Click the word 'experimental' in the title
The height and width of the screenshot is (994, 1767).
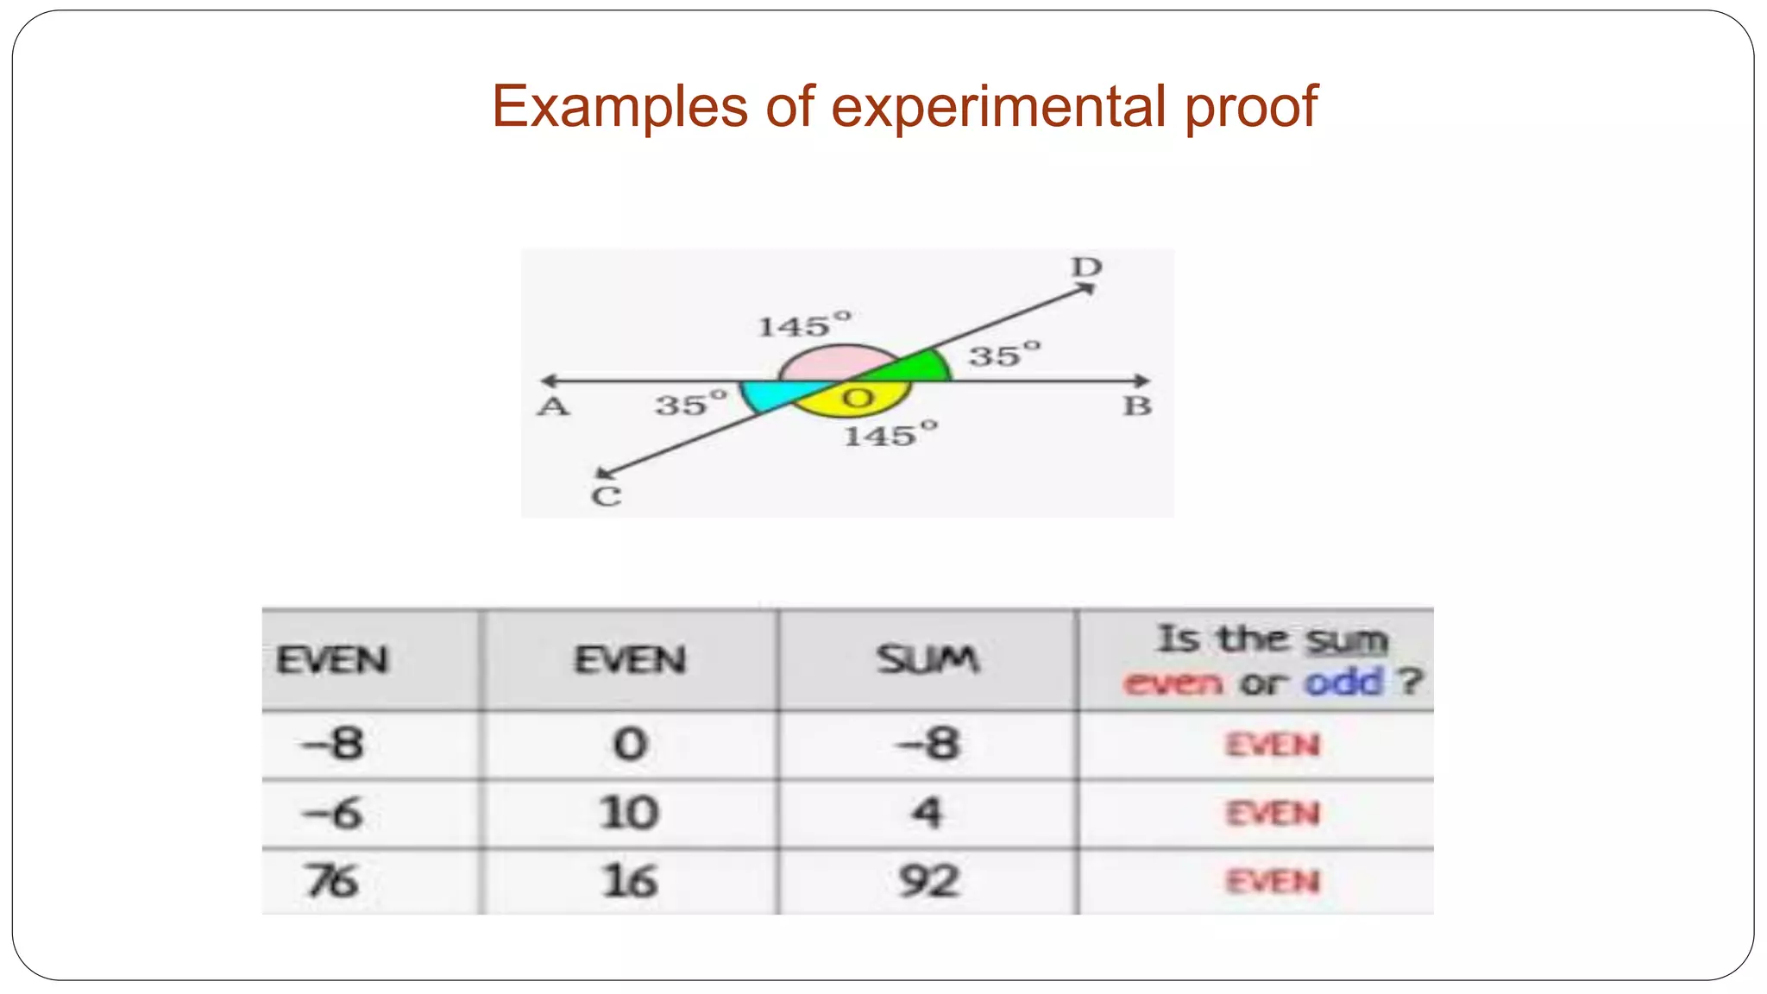click(x=999, y=107)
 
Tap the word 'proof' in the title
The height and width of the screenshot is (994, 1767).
click(x=1251, y=107)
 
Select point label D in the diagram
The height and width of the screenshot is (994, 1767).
click(x=1086, y=267)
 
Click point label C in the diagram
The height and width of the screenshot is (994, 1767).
click(x=606, y=497)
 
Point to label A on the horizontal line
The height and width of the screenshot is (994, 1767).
click(x=553, y=406)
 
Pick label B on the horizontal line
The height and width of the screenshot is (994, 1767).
click(x=1137, y=406)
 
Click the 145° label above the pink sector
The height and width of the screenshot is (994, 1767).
click(x=804, y=325)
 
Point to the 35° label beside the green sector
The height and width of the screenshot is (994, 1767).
click(x=1004, y=354)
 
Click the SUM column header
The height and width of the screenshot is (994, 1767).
click(x=928, y=660)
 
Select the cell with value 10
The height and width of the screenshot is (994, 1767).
click(x=629, y=813)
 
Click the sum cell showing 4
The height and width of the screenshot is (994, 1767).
click(x=928, y=813)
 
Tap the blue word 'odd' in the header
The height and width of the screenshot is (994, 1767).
click(x=1343, y=683)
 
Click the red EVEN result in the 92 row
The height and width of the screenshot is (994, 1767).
click(x=1273, y=882)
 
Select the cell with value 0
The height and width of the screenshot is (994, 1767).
click(x=629, y=744)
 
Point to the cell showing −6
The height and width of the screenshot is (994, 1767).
click(x=331, y=813)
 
